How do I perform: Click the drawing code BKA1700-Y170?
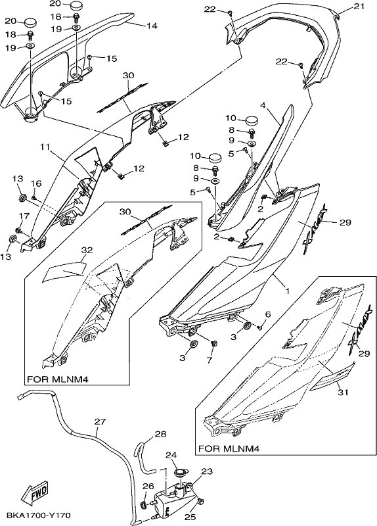38,515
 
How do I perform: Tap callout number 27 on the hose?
100,421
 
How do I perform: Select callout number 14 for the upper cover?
152,26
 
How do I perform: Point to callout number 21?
359,7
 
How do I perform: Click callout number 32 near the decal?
87,251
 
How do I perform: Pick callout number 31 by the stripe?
343,391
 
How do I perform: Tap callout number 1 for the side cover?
287,291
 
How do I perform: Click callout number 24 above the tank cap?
171,455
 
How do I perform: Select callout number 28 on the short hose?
160,434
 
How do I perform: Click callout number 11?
46,147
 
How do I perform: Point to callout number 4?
263,105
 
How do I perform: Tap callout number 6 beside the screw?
267,314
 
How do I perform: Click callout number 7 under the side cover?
210,360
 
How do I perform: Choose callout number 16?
36,183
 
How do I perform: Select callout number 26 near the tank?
149,487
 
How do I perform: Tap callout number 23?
207,471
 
